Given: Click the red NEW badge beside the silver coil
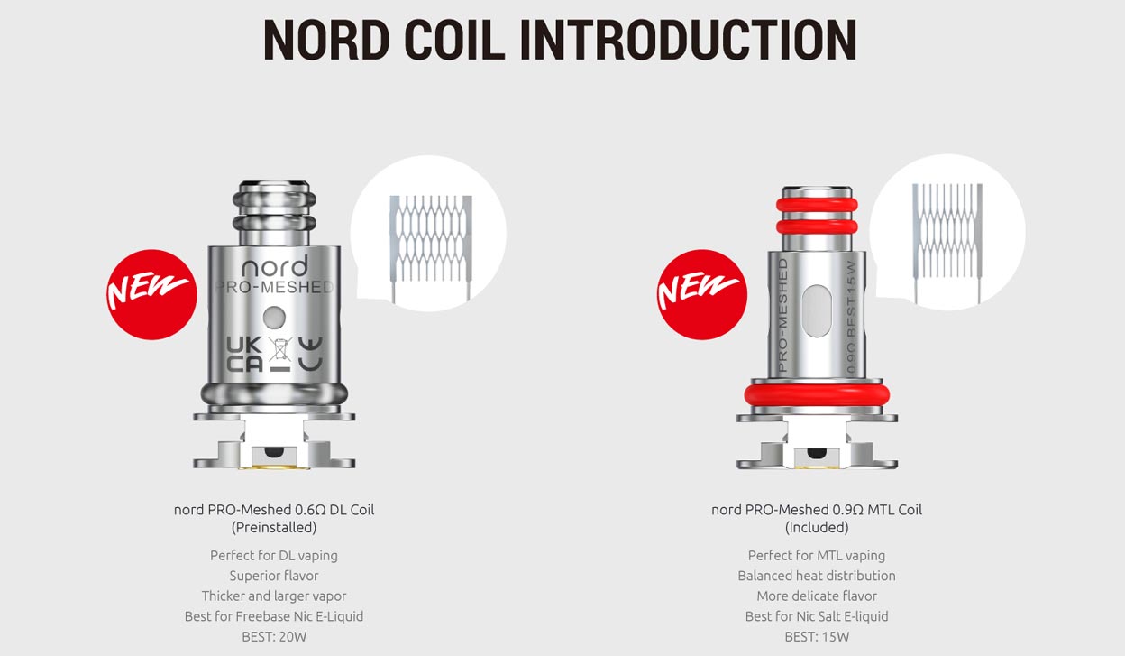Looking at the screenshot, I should (151, 293).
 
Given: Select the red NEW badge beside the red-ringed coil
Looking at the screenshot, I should (701, 293).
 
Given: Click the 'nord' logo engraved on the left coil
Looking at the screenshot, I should (274, 267).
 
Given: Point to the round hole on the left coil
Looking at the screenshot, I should (275, 317).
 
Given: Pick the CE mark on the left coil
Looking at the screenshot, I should (309, 354).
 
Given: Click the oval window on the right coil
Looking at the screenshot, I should (817, 312).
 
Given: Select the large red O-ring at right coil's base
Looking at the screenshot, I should (816, 395).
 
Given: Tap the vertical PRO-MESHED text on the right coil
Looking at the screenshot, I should (782, 316).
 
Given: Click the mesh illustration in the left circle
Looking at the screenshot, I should (429, 239).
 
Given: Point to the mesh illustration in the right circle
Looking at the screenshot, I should (947, 240).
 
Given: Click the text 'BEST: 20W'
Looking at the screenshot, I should (274, 637).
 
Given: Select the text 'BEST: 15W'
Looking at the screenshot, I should (817, 637).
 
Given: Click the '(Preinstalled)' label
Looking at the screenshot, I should (274, 527).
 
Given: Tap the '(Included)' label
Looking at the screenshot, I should (817, 527).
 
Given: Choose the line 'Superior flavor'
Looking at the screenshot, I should (274, 576).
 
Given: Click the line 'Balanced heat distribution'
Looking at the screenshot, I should (817, 576).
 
